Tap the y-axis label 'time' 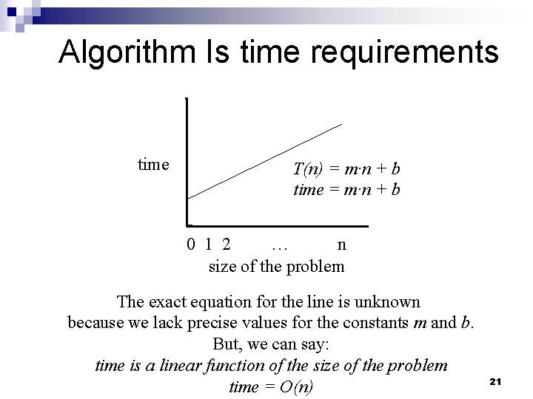click(153, 164)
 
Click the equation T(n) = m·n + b click(347, 169)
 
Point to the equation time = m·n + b click(347, 189)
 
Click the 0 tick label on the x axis click(191, 245)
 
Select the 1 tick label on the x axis click(209, 245)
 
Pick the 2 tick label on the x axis click(225, 245)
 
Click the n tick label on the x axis click(341, 245)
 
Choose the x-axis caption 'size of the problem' click(276, 266)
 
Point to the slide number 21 click(496, 381)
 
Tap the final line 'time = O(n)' click(271, 386)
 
